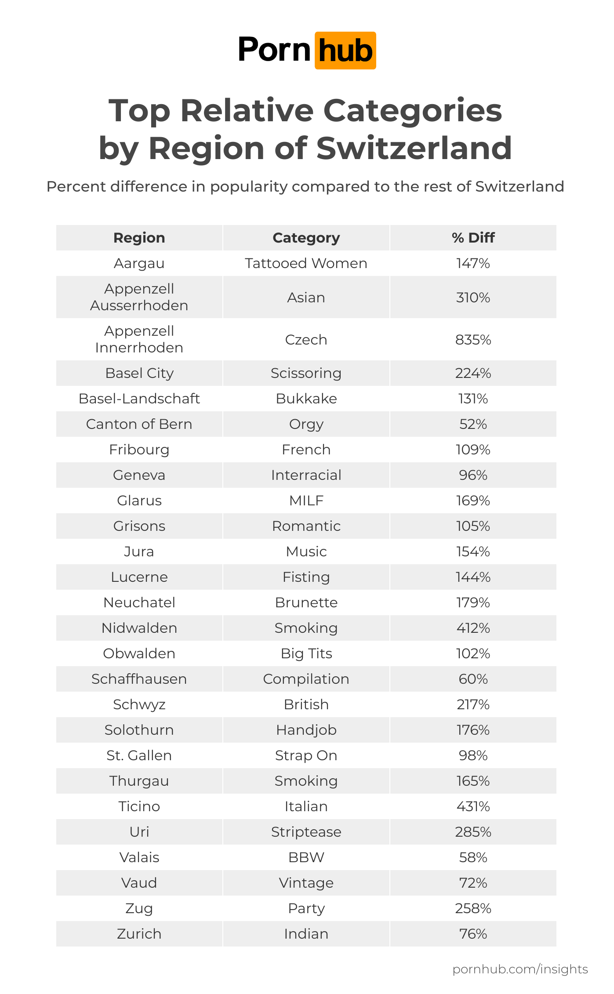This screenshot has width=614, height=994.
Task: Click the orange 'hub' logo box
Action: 345,51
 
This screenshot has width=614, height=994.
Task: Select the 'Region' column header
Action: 139,238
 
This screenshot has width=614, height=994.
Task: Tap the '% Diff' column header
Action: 473,238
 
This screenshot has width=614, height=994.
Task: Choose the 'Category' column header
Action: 306,238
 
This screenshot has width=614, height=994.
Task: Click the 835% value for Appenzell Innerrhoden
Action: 473,340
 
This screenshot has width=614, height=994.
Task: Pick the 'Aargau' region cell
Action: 139,263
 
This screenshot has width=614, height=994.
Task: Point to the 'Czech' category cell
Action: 306,340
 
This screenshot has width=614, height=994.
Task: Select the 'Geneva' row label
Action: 139,475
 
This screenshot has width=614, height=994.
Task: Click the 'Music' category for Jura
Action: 306,551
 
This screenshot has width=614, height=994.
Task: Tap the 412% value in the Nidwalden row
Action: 473,628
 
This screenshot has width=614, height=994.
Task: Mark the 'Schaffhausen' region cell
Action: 139,679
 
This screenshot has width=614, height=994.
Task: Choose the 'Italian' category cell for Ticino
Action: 306,806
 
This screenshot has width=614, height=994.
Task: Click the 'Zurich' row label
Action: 139,934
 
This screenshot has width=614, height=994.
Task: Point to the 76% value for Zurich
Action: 473,934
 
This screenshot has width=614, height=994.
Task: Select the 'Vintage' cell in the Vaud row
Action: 306,883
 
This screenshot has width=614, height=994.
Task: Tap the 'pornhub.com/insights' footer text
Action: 520,969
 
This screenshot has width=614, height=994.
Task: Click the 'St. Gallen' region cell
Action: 139,755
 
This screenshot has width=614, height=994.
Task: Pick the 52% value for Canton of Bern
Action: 473,424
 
